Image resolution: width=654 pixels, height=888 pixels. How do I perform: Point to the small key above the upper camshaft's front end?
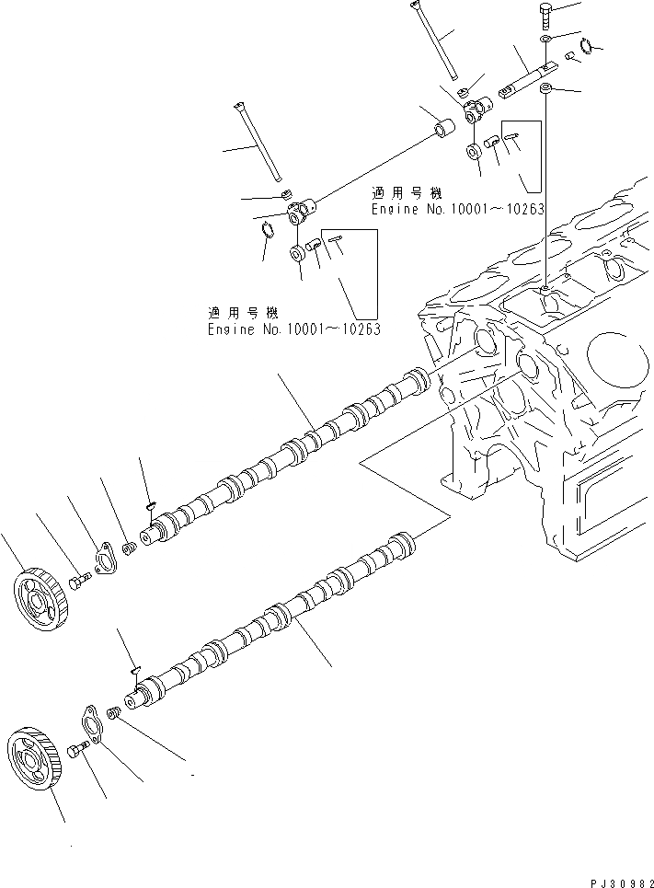151,503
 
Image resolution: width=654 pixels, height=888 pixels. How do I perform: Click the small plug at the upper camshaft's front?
129,550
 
